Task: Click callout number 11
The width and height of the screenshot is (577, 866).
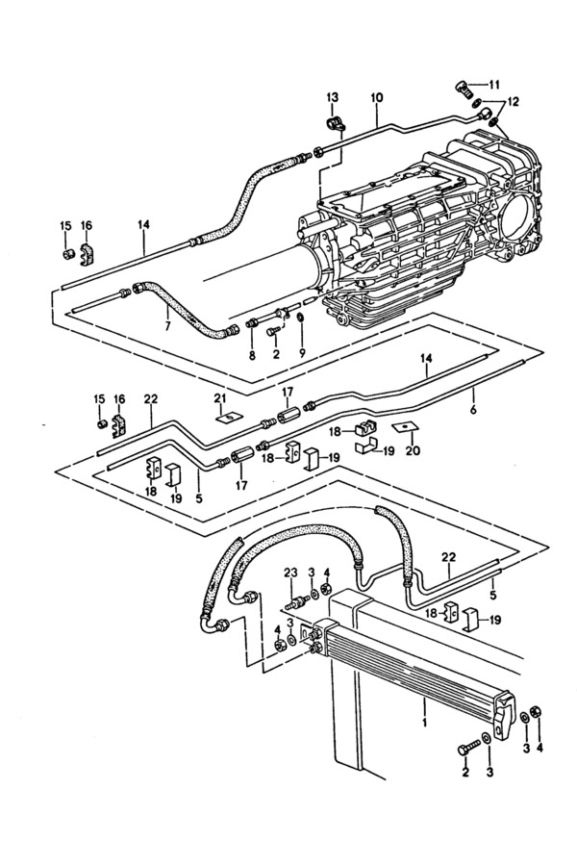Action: click(x=493, y=85)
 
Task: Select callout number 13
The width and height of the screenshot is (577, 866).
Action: click(x=332, y=98)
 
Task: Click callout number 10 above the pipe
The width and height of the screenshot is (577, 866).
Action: click(x=377, y=98)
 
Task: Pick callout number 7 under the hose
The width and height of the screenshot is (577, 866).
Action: click(x=168, y=326)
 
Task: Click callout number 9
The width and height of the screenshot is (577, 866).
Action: click(x=302, y=353)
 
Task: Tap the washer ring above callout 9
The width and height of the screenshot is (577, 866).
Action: click(x=300, y=318)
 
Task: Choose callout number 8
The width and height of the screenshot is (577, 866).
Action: click(x=252, y=355)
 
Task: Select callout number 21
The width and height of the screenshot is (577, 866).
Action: click(x=220, y=398)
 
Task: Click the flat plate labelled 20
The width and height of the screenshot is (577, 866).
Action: click(x=405, y=427)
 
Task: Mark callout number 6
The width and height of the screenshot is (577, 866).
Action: click(x=473, y=410)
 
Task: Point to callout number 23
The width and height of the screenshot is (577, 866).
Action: click(x=291, y=572)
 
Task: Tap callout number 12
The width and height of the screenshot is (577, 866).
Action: click(x=513, y=102)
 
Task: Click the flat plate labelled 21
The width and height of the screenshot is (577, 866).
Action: click(x=225, y=416)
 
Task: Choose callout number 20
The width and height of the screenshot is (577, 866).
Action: click(x=413, y=450)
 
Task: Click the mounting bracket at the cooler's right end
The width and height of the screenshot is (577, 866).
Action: click(x=505, y=716)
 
